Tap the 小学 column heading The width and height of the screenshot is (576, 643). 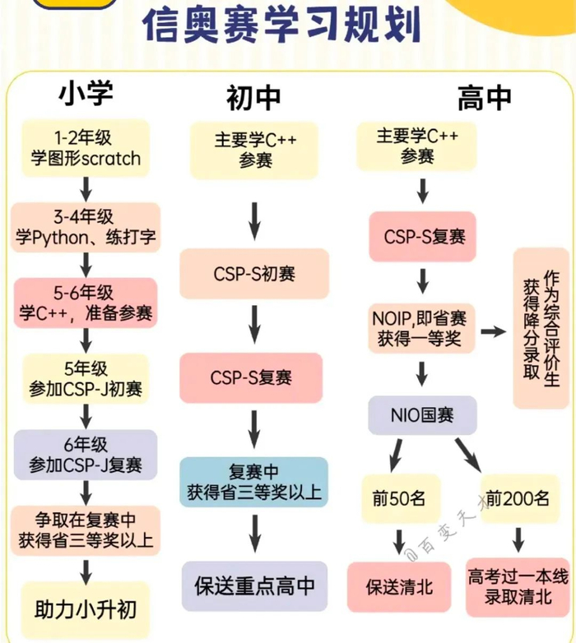click(85, 93)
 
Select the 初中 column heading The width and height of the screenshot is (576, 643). click(253, 98)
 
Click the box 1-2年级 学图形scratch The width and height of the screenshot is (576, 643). click(86, 147)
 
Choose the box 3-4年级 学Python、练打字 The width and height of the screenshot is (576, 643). click(86, 228)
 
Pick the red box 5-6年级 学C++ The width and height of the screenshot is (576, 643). click(86, 303)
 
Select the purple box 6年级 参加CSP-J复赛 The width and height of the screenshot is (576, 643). click(86, 454)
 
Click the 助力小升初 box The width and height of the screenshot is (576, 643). click(86, 610)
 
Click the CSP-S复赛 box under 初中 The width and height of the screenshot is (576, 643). click(254, 378)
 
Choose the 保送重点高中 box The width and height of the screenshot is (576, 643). click(254, 586)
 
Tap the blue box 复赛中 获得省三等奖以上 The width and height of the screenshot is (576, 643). click(254, 483)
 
